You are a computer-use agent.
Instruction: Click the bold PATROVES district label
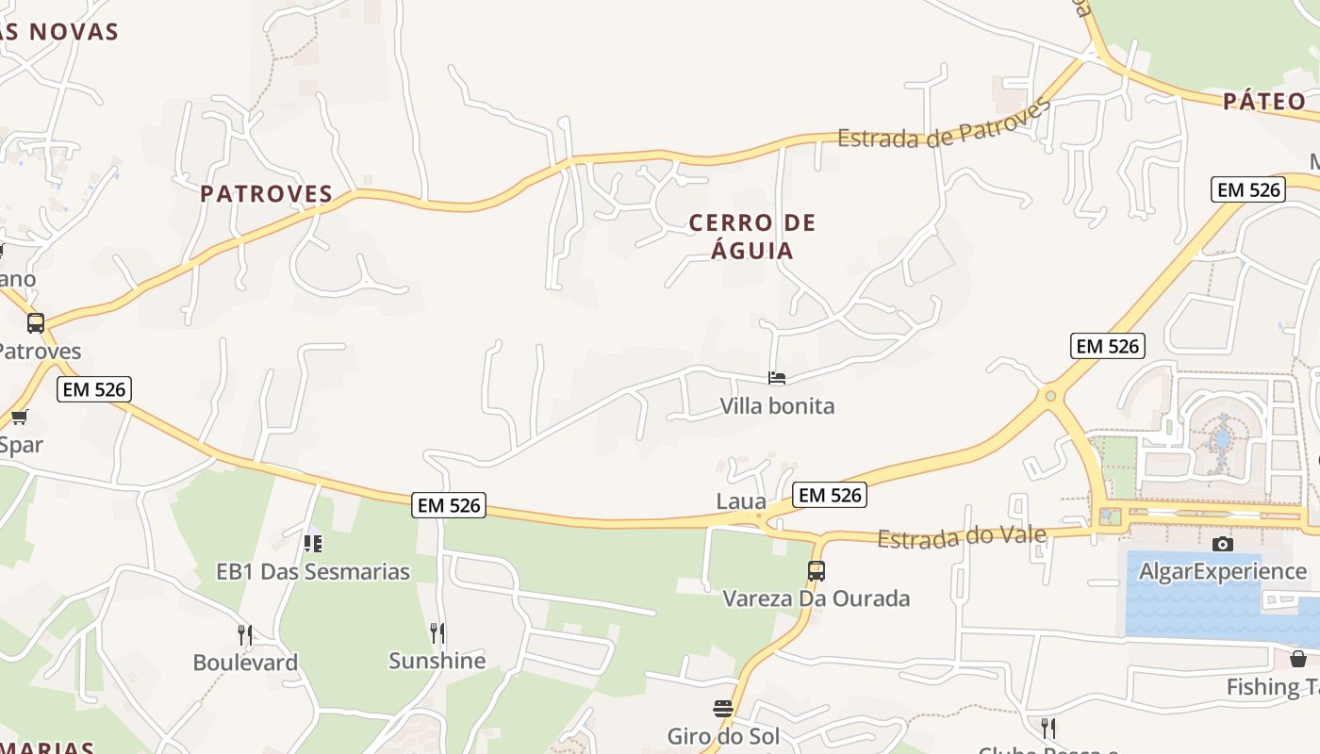tap(266, 194)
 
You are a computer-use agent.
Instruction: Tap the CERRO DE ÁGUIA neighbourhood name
tap(752, 237)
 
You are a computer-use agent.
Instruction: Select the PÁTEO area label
tap(1264, 101)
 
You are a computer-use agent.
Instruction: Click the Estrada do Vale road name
tap(962, 537)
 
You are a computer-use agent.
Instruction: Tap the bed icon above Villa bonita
tap(777, 378)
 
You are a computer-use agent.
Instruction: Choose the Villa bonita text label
tap(777, 406)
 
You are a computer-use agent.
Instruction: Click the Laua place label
tap(741, 500)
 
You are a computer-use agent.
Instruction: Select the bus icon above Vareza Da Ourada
tap(816, 571)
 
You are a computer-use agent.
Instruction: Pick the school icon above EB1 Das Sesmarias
tap(313, 544)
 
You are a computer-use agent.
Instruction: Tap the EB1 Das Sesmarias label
tap(313, 571)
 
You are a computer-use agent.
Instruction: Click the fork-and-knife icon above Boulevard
tap(245, 634)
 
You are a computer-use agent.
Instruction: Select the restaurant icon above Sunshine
tap(437, 632)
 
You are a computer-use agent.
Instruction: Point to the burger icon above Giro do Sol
tap(723, 709)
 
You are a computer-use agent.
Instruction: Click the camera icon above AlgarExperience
tap(1223, 544)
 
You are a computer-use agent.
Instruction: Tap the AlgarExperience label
tap(1223, 571)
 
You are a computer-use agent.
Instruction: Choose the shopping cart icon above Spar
tap(19, 417)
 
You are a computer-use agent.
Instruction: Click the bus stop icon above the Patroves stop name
tap(36, 323)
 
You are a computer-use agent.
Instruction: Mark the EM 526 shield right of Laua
tap(829, 494)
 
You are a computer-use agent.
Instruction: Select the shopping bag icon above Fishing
tap(1298, 658)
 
